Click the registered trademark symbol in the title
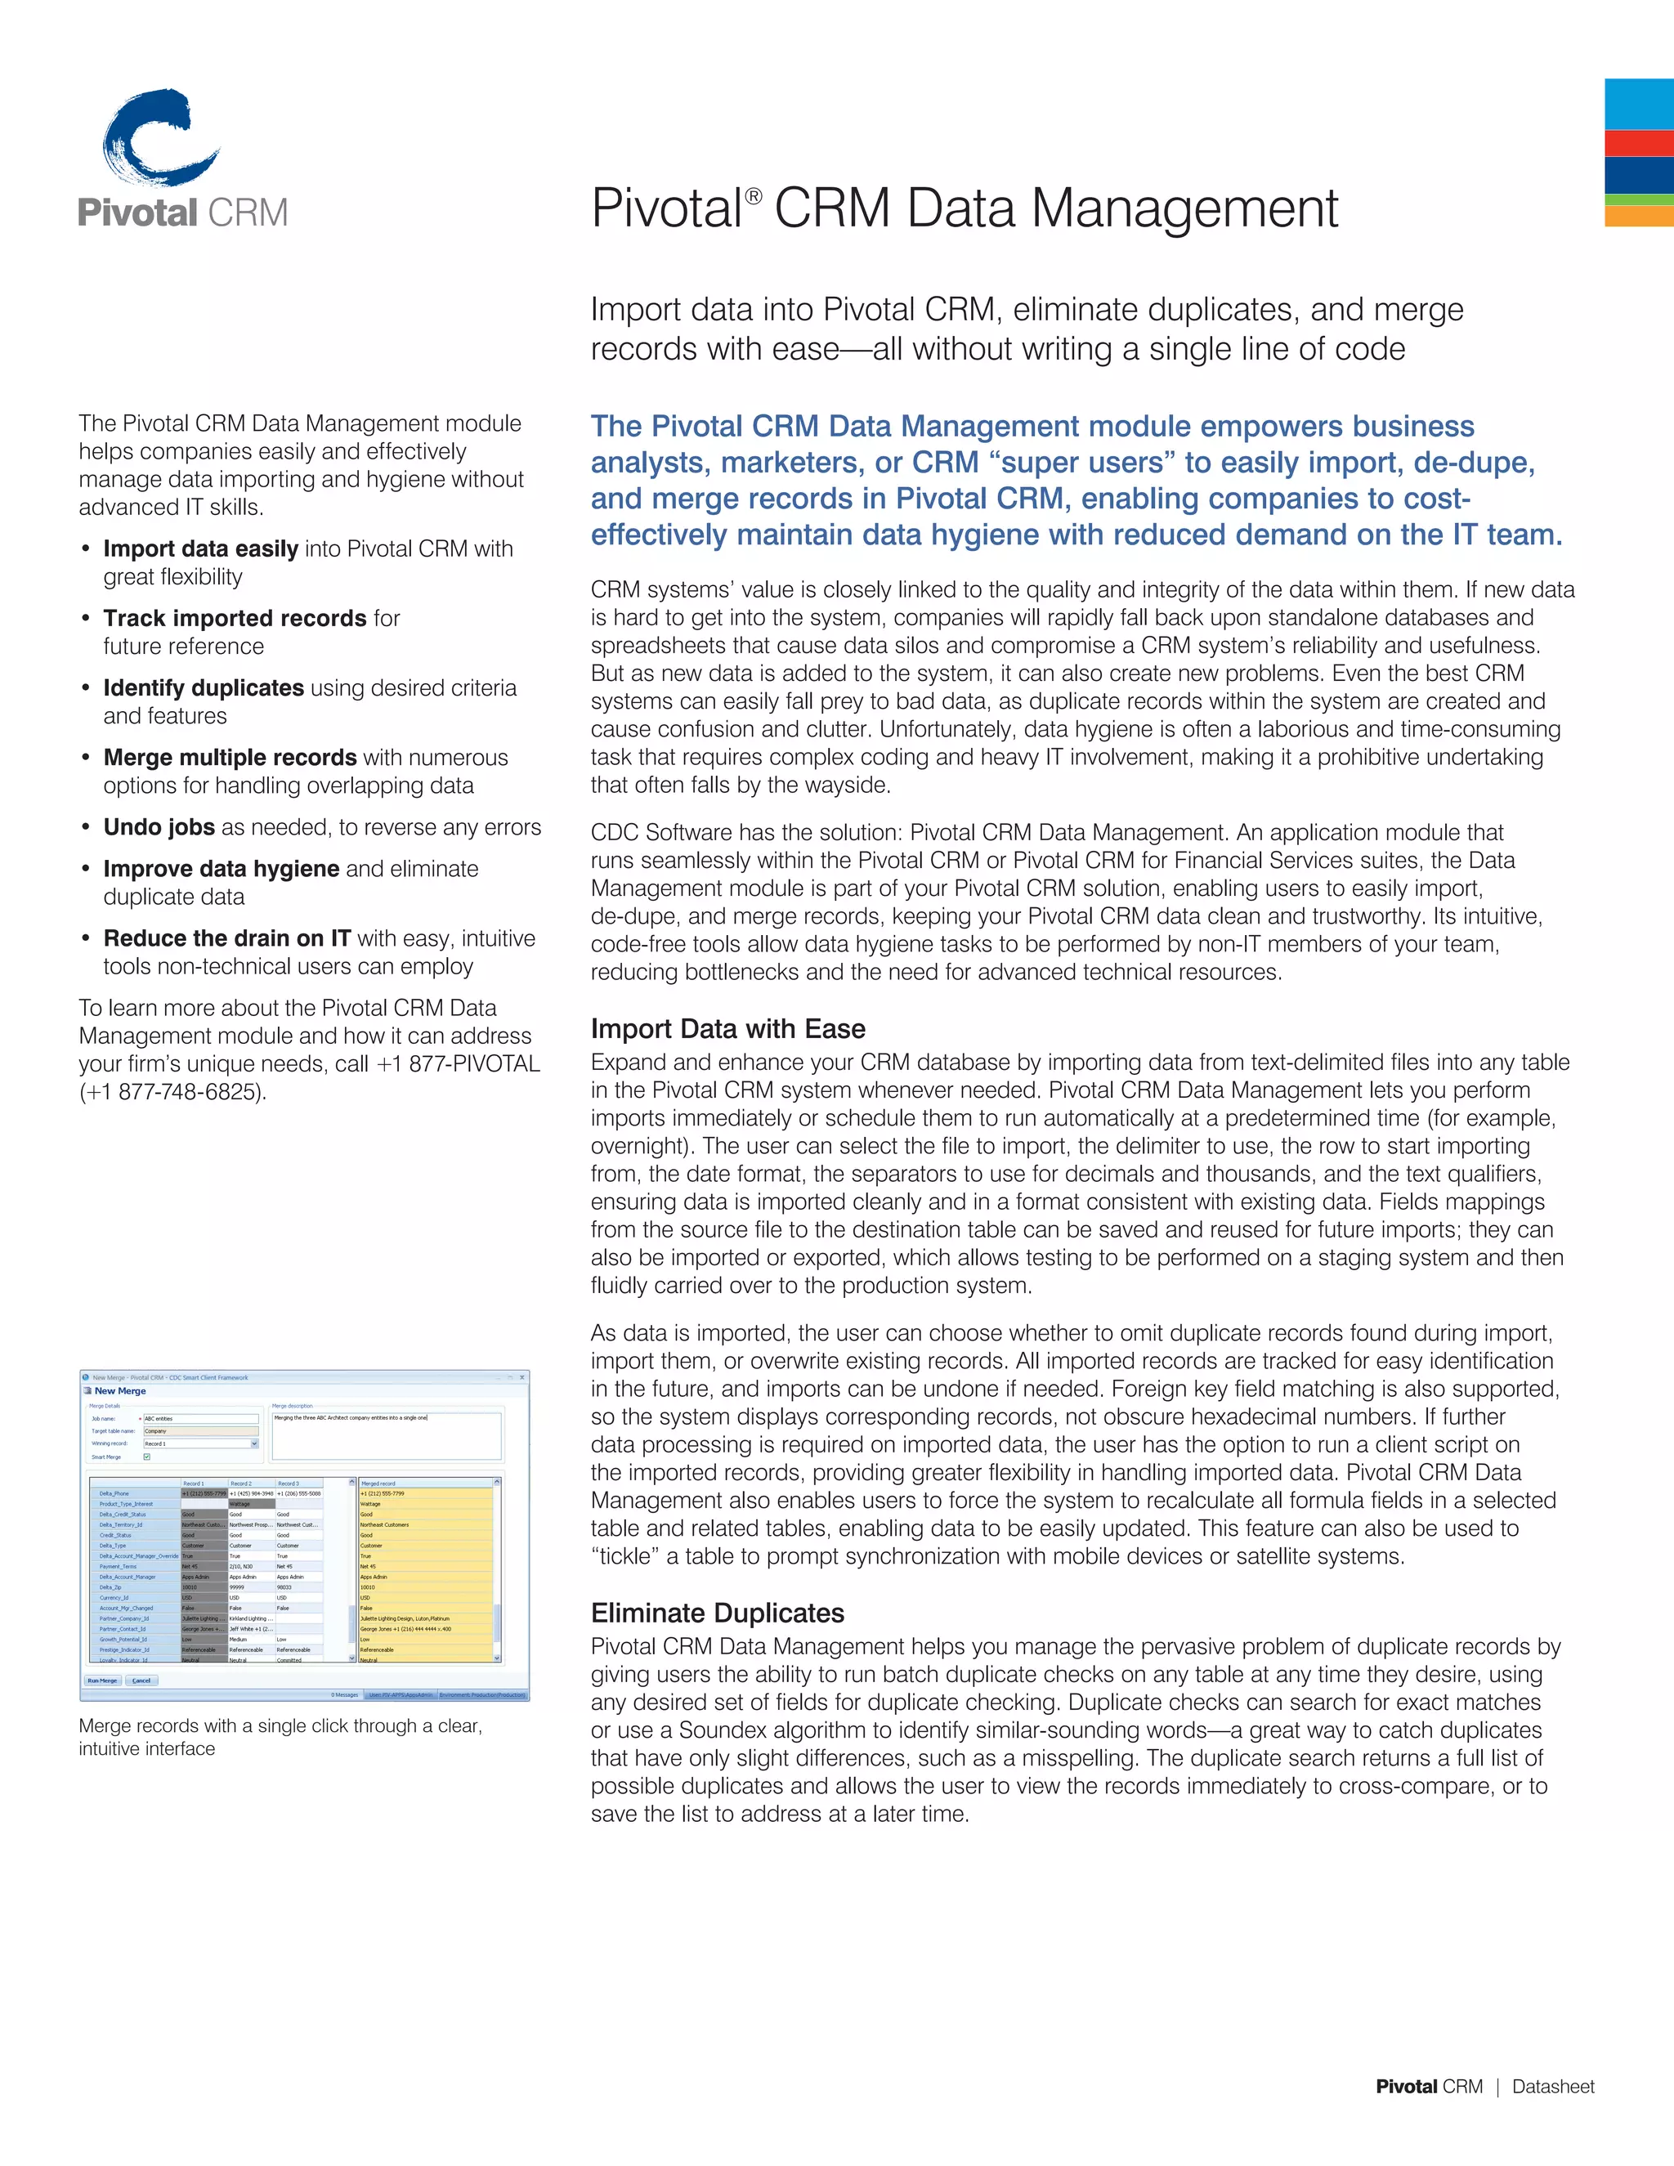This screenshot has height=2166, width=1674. tap(754, 196)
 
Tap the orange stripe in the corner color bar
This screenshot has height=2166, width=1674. tap(1638, 217)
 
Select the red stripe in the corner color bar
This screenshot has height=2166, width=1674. tap(1638, 143)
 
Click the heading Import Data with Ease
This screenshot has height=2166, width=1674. tap(728, 1028)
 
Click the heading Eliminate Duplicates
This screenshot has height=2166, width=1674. tap(717, 1613)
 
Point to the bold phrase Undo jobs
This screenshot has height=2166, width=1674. tap(159, 827)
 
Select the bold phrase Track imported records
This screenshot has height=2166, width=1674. tap(235, 618)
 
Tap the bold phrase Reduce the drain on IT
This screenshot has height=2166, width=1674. tap(227, 938)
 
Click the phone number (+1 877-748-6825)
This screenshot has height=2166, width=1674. tap(172, 1092)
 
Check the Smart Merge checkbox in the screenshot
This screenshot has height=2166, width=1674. tap(148, 1457)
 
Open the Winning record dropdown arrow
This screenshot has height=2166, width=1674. tap(254, 1444)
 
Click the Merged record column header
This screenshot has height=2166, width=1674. tap(378, 1484)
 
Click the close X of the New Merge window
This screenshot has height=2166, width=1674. tap(522, 1376)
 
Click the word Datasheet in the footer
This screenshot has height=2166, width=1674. tap(1552, 2087)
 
